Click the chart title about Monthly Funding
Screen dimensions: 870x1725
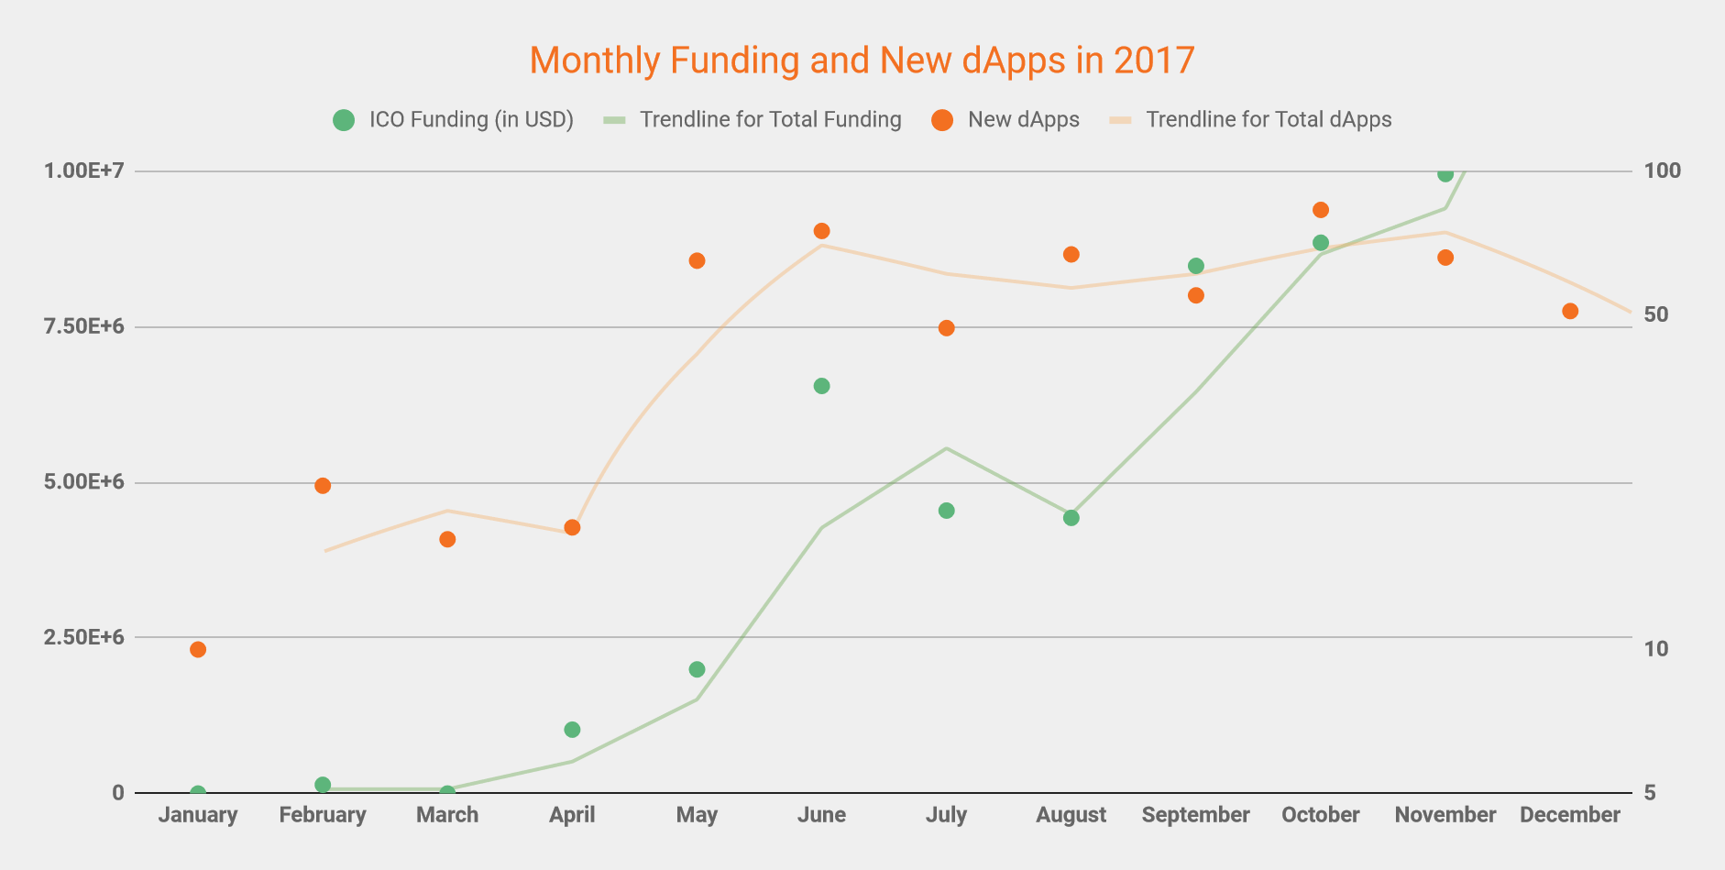coord(862,61)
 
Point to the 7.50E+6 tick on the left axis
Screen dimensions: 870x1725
coord(82,327)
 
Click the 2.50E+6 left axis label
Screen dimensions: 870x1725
coord(82,637)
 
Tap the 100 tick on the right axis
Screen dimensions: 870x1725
coord(1663,171)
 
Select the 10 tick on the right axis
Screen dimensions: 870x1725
coord(1656,649)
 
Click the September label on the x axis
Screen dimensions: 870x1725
coord(1195,815)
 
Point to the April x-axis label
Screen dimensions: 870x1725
coord(572,815)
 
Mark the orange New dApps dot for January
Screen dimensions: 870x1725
coord(198,650)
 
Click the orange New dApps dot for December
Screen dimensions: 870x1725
coord(1570,312)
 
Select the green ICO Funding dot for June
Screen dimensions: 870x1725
coord(822,386)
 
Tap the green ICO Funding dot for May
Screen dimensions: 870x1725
coord(697,669)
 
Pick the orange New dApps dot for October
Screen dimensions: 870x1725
coord(1321,210)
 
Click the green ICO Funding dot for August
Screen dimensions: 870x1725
coord(1071,518)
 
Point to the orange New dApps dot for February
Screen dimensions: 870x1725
coord(323,486)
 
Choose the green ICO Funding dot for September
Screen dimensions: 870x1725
coord(1196,266)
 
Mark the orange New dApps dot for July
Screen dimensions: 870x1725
coord(947,328)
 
